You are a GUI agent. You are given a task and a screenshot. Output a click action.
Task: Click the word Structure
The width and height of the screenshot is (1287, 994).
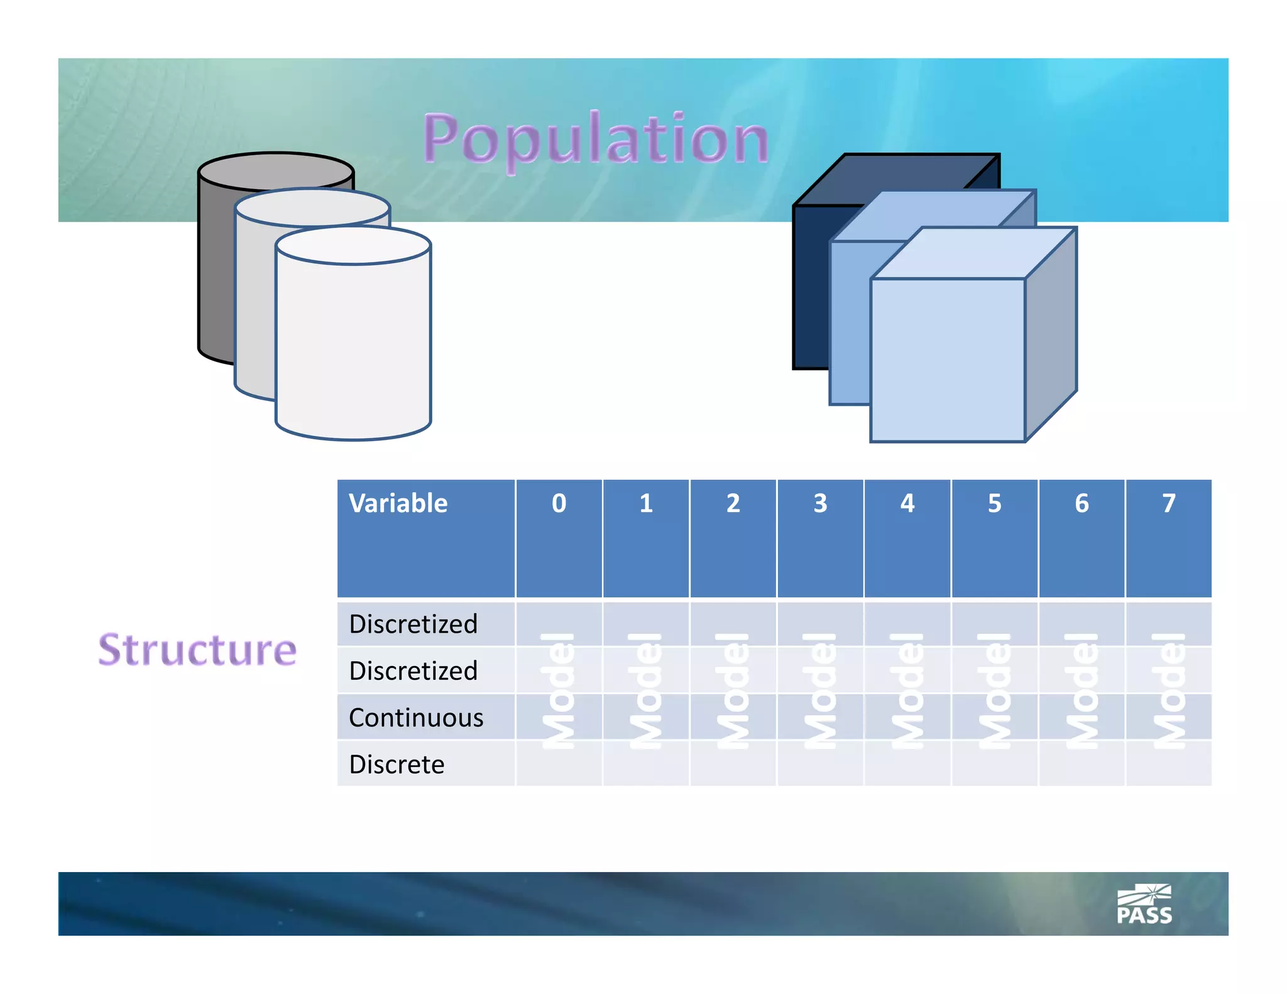click(x=197, y=650)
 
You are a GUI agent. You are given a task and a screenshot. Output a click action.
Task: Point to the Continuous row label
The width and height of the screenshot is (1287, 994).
click(x=416, y=718)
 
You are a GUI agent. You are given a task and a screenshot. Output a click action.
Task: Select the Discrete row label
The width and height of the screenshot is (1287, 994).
click(x=397, y=765)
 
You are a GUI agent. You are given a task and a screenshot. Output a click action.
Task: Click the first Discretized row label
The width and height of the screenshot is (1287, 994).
click(x=413, y=624)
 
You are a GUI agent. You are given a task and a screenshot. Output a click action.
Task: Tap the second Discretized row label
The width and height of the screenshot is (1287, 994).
click(x=413, y=671)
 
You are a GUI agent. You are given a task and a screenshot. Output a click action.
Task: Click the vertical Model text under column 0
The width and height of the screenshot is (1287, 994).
click(x=558, y=691)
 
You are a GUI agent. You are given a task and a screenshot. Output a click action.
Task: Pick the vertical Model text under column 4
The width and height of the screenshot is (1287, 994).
click(x=907, y=691)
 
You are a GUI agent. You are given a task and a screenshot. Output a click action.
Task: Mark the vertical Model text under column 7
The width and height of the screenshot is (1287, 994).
click(x=1168, y=691)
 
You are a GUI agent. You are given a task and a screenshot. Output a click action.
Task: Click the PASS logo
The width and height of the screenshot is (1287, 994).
click(x=1144, y=905)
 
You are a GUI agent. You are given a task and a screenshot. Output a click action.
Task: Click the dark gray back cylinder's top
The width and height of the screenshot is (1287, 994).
click(x=275, y=170)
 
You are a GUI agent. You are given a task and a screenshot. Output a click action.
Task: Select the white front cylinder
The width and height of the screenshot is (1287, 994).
click(x=353, y=346)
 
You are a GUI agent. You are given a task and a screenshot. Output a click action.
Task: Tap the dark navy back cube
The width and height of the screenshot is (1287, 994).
click(x=811, y=283)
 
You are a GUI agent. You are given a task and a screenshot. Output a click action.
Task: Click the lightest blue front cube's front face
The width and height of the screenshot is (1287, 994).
click(x=947, y=360)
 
